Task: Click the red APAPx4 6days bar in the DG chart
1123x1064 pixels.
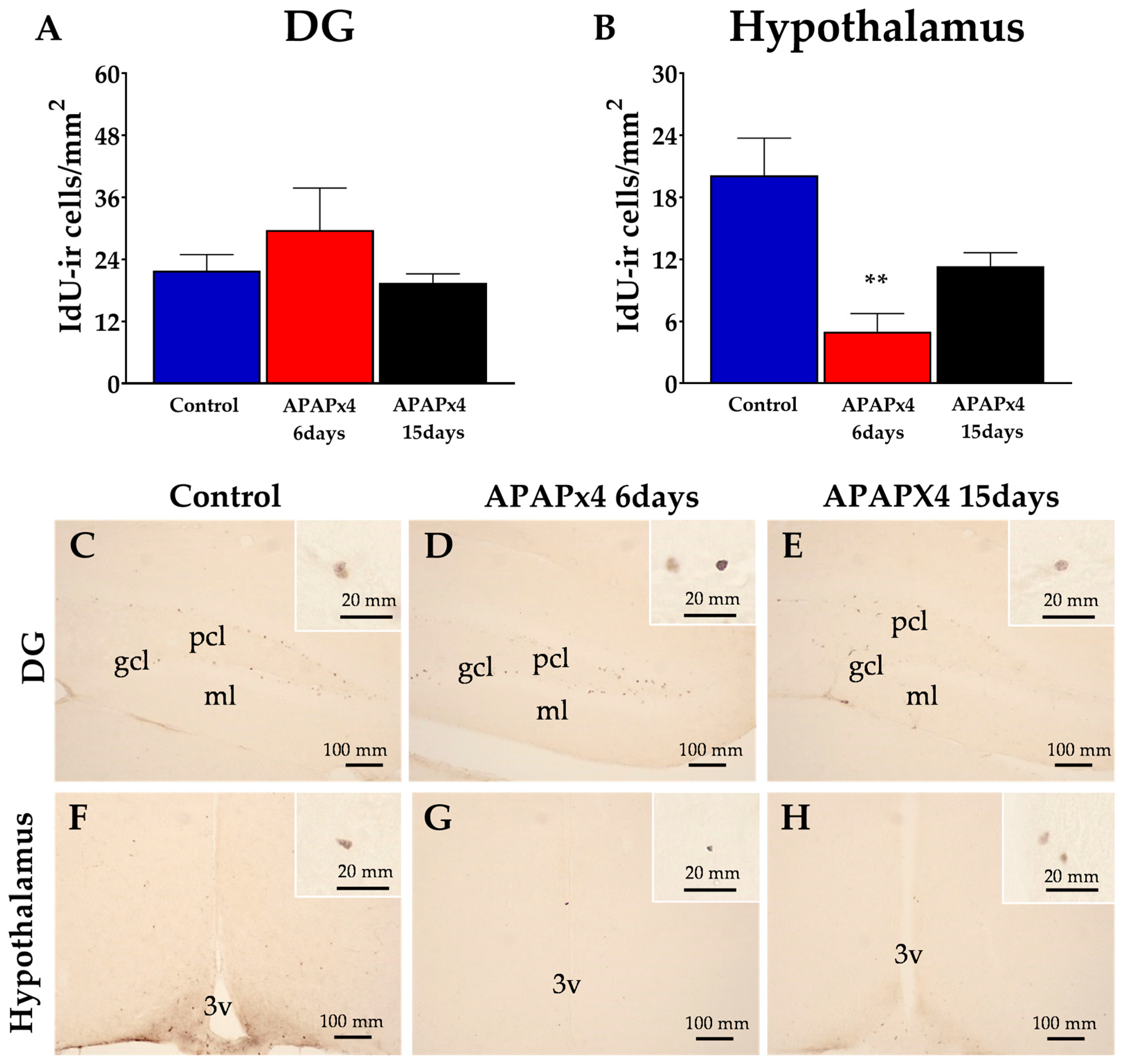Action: pos(319,306)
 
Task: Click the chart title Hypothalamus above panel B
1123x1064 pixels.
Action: pos(876,27)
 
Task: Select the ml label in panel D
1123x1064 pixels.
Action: pos(552,710)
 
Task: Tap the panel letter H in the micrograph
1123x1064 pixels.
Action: pos(795,819)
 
